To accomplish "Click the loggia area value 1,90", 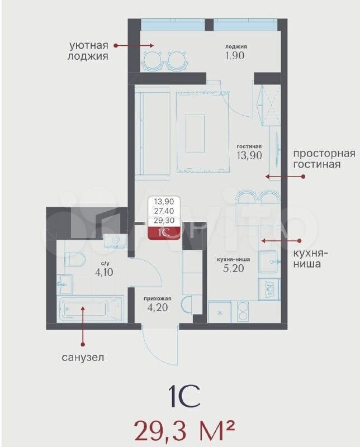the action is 235,55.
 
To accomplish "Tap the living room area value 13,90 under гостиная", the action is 249,155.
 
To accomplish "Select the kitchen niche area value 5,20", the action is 233,268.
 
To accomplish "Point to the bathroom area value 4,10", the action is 104,272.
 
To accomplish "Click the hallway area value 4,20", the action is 158,308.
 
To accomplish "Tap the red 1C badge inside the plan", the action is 164,233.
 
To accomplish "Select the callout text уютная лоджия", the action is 88,50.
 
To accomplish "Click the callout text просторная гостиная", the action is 324,159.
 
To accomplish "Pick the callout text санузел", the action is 83,357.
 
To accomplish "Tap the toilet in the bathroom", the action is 75,259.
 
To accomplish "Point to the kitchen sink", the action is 268,261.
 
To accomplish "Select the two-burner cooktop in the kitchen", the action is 243,312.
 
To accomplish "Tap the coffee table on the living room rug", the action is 195,134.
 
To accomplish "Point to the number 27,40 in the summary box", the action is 164,211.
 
